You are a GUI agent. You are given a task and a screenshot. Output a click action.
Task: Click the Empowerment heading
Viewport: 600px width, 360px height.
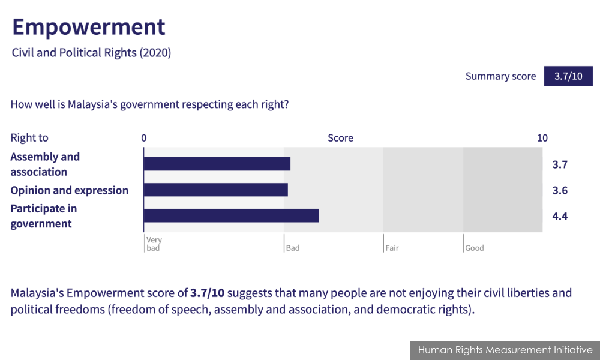[x=89, y=27]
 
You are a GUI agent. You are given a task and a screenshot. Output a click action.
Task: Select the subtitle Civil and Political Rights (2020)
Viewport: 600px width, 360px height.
[x=91, y=53]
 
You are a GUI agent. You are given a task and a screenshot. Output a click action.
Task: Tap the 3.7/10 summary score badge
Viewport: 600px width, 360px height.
[x=568, y=76]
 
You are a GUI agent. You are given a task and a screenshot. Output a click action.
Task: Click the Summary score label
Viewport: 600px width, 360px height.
[x=500, y=77]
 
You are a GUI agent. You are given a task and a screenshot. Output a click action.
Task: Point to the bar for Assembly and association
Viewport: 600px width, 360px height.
[x=217, y=164]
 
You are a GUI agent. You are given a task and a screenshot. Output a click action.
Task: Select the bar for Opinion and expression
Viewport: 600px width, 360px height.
[x=216, y=190]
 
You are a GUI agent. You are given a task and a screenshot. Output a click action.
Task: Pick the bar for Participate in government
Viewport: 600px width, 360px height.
[x=231, y=216]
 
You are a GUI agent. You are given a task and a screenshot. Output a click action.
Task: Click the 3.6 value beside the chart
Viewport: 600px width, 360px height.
[x=560, y=191]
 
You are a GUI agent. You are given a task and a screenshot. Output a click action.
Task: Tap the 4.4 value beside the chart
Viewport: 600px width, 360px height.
[x=560, y=217]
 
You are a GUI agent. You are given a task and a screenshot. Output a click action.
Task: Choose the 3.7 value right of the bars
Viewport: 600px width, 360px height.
[x=560, y=165]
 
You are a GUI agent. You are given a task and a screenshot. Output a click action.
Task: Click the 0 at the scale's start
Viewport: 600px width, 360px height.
[x=144, y=138]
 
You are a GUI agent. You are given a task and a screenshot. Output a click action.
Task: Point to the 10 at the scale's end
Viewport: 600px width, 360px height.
[x=542, y=138]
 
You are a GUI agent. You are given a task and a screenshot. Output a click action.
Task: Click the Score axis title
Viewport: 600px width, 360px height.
[x=340, y=138]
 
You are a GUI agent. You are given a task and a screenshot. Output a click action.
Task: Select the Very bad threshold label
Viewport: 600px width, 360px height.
[x=154, y=244]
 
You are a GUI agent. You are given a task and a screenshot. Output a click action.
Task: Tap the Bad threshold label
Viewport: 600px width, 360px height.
[x=293, y=248]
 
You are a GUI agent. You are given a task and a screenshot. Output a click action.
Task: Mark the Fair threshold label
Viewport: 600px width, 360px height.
[x=392, y=248]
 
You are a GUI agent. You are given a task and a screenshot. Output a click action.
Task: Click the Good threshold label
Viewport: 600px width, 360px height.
[x=475, y=248]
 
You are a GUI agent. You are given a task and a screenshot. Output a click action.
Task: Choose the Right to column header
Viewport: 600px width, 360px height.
[x=29, y=138]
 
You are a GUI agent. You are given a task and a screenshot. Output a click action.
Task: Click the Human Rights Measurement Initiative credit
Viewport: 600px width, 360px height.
[x=505, y=350]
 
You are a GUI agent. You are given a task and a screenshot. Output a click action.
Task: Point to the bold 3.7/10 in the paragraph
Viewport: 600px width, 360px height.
[x=207, y=293]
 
